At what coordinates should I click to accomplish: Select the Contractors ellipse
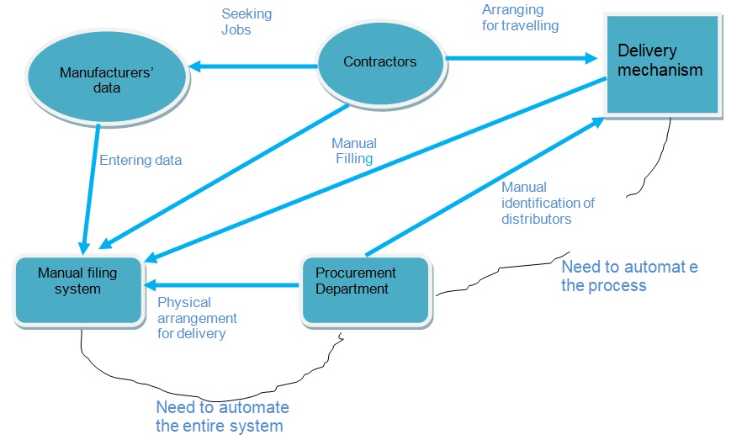(379, 61)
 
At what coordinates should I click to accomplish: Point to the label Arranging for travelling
(520, 18)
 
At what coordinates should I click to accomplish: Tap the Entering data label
(140, 159)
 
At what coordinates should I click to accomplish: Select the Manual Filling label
(353, 151)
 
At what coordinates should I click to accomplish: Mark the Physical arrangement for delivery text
(198, 317)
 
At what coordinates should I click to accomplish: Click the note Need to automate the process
(628, 276)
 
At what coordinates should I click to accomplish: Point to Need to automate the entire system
(222, 416)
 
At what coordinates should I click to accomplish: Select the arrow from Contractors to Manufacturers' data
(252, 65)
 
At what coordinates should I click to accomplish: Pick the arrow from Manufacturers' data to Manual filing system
(92, 185)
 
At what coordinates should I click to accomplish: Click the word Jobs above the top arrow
(236, 31)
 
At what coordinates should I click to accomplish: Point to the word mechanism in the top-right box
(660, 70)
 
